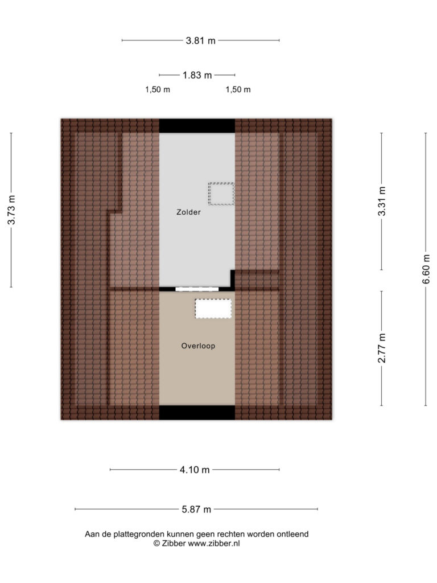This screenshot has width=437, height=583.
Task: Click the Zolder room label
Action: coord(188,212)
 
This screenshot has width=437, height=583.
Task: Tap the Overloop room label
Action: coord(198,346)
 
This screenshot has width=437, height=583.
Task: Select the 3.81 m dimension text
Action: coord(201,40)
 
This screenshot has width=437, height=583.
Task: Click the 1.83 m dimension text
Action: coord(197,75)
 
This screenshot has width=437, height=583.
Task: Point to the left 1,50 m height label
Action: coord(158,89)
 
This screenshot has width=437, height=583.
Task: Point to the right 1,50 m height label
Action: coord(238,89)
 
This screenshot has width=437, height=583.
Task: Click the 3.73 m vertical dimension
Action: coord(11,210)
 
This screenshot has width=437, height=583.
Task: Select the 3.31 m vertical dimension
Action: coord(382,201)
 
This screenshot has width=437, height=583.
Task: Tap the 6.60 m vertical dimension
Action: coord(426,269)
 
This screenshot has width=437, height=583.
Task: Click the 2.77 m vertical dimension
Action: coord(382,348)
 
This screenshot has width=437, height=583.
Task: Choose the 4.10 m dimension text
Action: coord(195,470)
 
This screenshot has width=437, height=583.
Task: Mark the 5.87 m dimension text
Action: coord(196,510)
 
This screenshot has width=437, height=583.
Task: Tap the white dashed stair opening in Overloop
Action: coord(213,309)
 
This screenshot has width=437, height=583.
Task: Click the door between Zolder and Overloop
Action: coord(197,289)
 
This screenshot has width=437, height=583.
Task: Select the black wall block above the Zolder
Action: coord(197,126)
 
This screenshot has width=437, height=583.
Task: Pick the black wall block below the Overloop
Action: coord(197,413)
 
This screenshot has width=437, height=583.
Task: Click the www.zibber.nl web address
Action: coord(214,544)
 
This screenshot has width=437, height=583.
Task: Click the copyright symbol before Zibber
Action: coord(157,544)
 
